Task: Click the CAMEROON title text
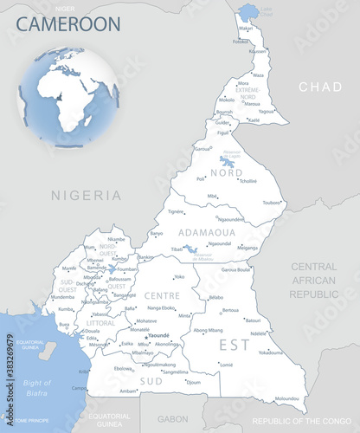pos(68,23)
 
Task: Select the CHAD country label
pos(319,87)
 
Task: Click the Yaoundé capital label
pos(158,335)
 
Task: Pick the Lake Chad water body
pos(248,11)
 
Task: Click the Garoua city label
pos(202,149)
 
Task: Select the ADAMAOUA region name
pos(206,232)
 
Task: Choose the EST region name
pos(228,345)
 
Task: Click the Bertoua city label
pos(230,310)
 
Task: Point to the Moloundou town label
pos(287,399)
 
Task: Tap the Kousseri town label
pos(258,51)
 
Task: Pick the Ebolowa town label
pos(124,369)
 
